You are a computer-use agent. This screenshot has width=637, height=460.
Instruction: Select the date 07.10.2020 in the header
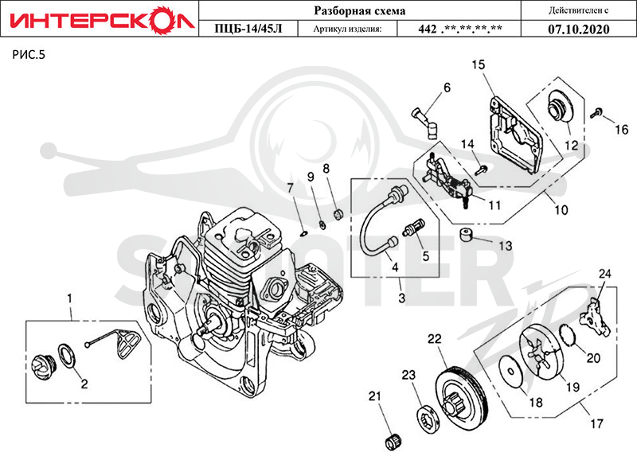(579, 29)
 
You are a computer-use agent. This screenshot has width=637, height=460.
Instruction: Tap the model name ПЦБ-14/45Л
(248, 29)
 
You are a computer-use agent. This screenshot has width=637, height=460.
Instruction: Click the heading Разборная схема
(360, 10)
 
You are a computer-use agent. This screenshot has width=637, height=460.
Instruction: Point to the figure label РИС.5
(29, 54)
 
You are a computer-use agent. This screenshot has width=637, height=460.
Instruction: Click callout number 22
(434, 338)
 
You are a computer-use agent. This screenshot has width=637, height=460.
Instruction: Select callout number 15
(479, 64)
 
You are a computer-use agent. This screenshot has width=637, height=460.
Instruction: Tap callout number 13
(506, 246)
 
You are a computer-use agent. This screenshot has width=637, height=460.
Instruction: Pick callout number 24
(605, 274)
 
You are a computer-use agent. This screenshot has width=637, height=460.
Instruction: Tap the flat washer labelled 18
(511, 370)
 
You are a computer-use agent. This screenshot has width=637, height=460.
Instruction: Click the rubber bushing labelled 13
(466, 234)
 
